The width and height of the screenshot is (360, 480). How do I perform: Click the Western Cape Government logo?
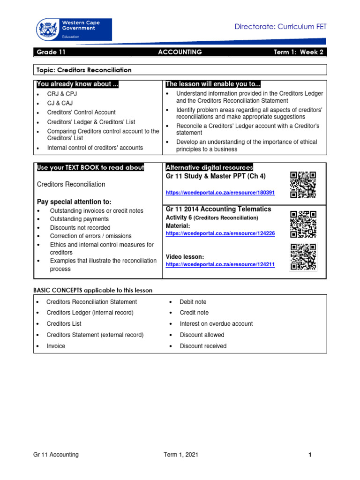74,30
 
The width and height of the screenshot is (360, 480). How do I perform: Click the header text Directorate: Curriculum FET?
280,27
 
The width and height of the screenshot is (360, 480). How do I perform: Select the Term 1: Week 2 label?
298,52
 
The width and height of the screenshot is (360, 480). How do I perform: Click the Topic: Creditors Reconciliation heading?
84,70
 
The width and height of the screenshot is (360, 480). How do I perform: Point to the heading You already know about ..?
77,84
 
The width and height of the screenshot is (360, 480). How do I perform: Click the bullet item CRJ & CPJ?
62,94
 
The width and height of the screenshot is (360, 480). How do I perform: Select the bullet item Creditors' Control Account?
81,112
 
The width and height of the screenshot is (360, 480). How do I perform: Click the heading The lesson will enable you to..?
212,84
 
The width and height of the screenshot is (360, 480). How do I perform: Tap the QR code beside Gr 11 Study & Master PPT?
303,185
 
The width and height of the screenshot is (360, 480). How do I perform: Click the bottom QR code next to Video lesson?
303,257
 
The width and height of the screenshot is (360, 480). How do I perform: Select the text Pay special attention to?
74,202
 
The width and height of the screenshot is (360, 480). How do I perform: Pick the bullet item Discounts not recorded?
80,228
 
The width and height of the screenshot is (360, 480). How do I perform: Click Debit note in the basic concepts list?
193,302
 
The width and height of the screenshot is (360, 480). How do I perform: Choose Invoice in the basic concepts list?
56,346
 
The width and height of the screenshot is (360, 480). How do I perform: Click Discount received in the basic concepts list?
202,346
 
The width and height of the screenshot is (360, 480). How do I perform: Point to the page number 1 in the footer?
310,455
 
